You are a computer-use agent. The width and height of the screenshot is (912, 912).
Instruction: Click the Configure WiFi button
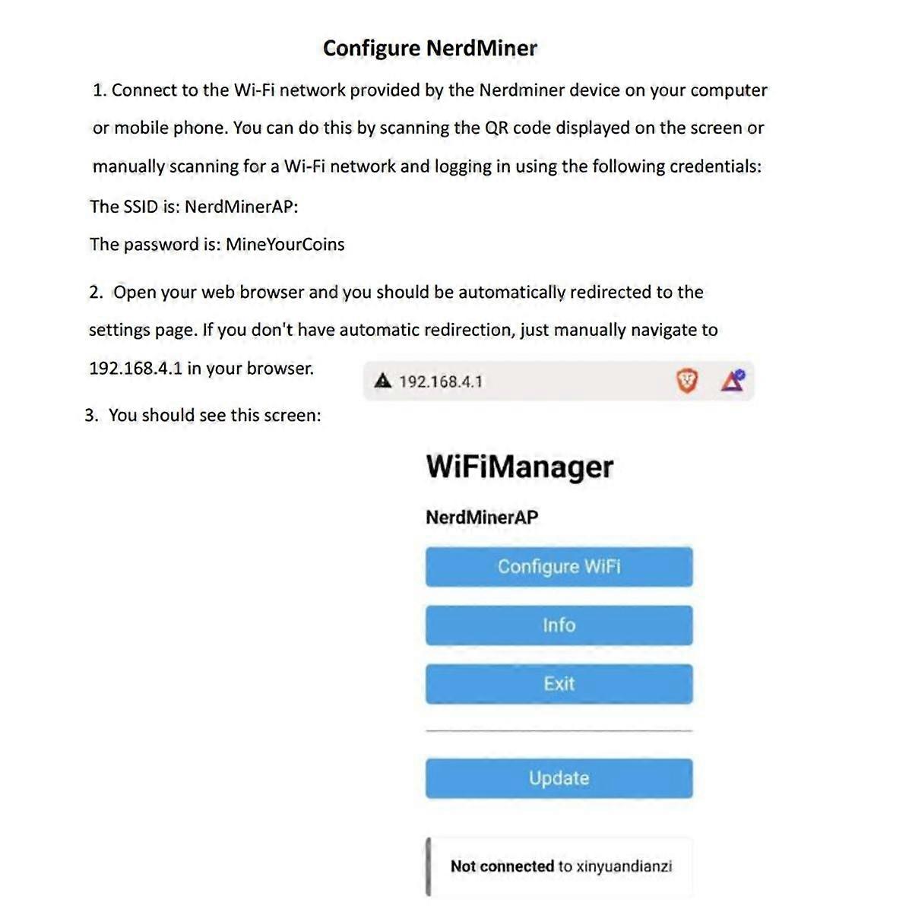click(x=559, y=567)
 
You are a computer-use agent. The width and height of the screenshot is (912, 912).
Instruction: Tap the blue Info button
click(x=559, y=625)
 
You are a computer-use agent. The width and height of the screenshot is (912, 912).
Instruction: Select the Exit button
click(x=559, y=684)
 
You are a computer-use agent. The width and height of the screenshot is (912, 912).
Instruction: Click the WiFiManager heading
click(x=519, y=467)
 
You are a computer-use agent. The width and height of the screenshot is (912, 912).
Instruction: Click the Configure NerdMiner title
click(x=429, y=49)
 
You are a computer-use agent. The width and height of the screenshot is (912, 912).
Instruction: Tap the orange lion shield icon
click(x=686, y=381)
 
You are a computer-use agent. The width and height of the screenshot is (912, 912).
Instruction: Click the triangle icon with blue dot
click(x=733, y=380)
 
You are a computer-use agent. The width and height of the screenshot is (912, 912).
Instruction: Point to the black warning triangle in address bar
click(x=383, y=381)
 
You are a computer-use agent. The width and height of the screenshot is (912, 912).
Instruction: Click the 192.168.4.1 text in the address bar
click(x=441, y=382)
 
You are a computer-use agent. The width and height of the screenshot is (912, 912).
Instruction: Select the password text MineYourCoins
click(x=285, y=245)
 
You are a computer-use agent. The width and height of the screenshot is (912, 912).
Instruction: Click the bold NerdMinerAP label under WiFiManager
click(x=482, y=518)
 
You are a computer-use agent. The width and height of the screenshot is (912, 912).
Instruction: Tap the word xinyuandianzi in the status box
click(x=624, y=866)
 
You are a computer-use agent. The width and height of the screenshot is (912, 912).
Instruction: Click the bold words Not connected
click(x=502, y=866)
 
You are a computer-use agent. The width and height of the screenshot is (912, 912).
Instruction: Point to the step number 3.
click(x=91, y=416)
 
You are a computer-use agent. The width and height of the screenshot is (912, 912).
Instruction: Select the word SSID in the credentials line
click(x=141, y=207)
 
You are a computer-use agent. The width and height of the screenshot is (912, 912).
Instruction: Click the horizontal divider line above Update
click(x=559, y=730)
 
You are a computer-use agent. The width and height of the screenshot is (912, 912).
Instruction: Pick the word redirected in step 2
click(x=611, y=293)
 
